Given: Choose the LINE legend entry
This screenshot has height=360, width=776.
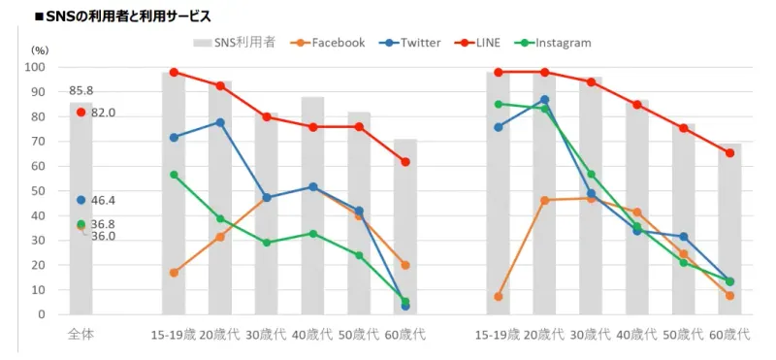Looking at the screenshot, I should (x=486, y=43).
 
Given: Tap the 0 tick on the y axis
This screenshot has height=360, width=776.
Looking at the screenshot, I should (x=42, y=314).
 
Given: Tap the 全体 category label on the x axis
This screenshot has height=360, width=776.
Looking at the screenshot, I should (x=81, y=335).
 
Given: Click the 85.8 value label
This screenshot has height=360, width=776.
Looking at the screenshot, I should (x=81, y=90).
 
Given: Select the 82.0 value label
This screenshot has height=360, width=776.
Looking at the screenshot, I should (x=103, y=113).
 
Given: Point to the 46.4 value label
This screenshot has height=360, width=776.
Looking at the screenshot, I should (x=103, y=200).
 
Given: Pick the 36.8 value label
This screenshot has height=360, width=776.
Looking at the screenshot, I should (x=103, y=224).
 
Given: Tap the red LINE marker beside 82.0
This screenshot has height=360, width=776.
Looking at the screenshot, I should (x=81, y=113).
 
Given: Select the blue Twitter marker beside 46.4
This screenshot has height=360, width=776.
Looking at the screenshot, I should (x=81, y=200).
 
